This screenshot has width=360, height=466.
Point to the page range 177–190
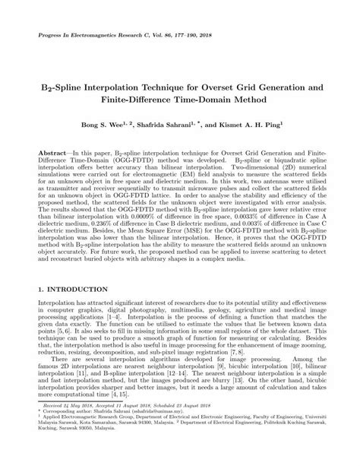tap(184, 36)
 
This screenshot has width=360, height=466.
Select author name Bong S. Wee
tap(112, 122)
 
